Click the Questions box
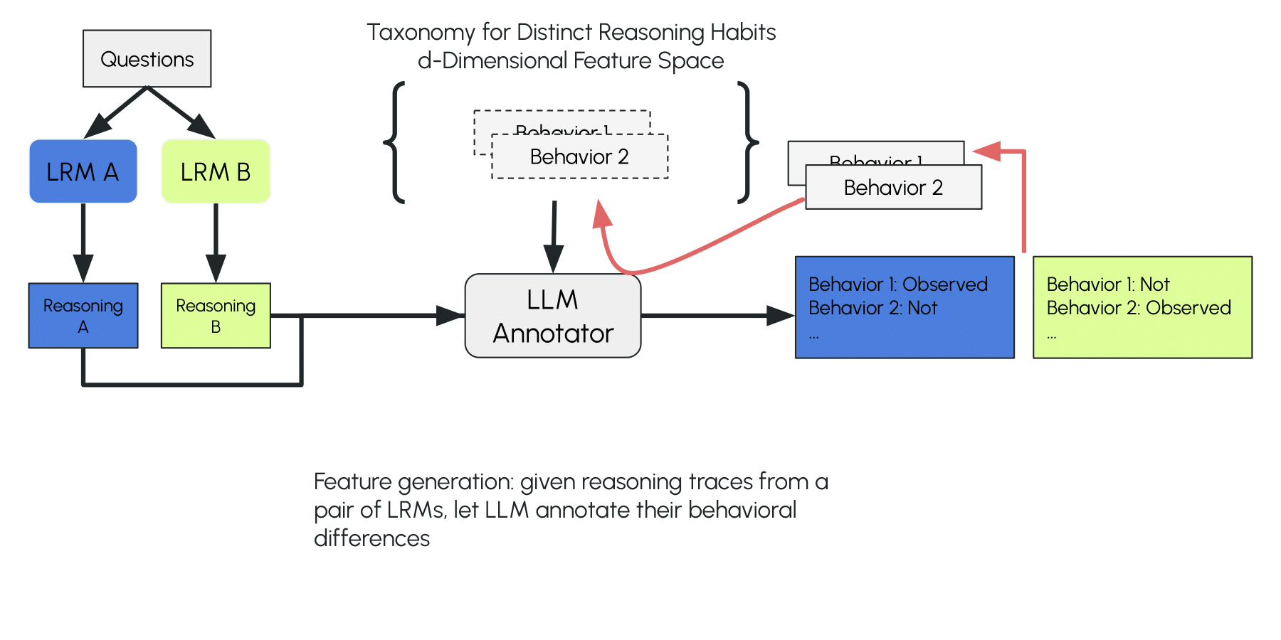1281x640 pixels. coord(147,58)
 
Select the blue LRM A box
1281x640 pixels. coord(83,171)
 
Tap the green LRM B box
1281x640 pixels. coord(216,171)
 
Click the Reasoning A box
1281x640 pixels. coord(83,316)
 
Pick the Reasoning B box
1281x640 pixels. coord(216,316)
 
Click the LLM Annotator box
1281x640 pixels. coord(552,316)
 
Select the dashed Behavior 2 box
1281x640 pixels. coord(579,157)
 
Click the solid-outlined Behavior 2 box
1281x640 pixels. coord(893,188)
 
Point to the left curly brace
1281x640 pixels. coord(395,142)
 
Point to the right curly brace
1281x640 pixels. coord(747,142)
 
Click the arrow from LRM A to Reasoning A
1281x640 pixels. coord(83,242)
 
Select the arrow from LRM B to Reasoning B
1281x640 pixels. coord(216,242)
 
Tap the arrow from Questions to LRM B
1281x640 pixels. coord(181,112)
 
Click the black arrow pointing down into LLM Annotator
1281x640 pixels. coord(554,235)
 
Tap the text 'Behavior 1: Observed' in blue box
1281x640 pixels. coord(897,284)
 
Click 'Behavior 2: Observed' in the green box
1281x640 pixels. coord(1138,308)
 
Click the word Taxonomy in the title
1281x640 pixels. coord(421,32)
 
